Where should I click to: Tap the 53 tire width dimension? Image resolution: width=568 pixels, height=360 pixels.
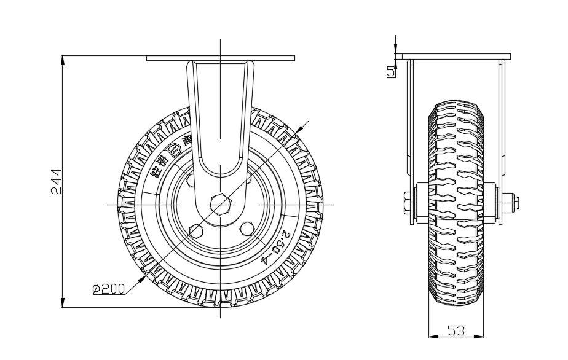click(x=456, y=331)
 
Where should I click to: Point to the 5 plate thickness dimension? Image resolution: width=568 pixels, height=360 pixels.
click(x=391, y=71)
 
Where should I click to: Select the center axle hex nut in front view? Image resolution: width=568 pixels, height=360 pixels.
click(x=219, y=203)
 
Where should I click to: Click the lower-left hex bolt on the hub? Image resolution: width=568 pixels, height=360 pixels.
click(x=197, y=230)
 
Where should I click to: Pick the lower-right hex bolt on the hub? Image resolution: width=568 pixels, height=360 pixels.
click(x=248, y=227)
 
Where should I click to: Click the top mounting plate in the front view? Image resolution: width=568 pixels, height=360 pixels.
click(x=219, y=58)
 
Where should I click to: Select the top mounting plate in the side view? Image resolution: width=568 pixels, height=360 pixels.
click(x=456, y=57)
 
